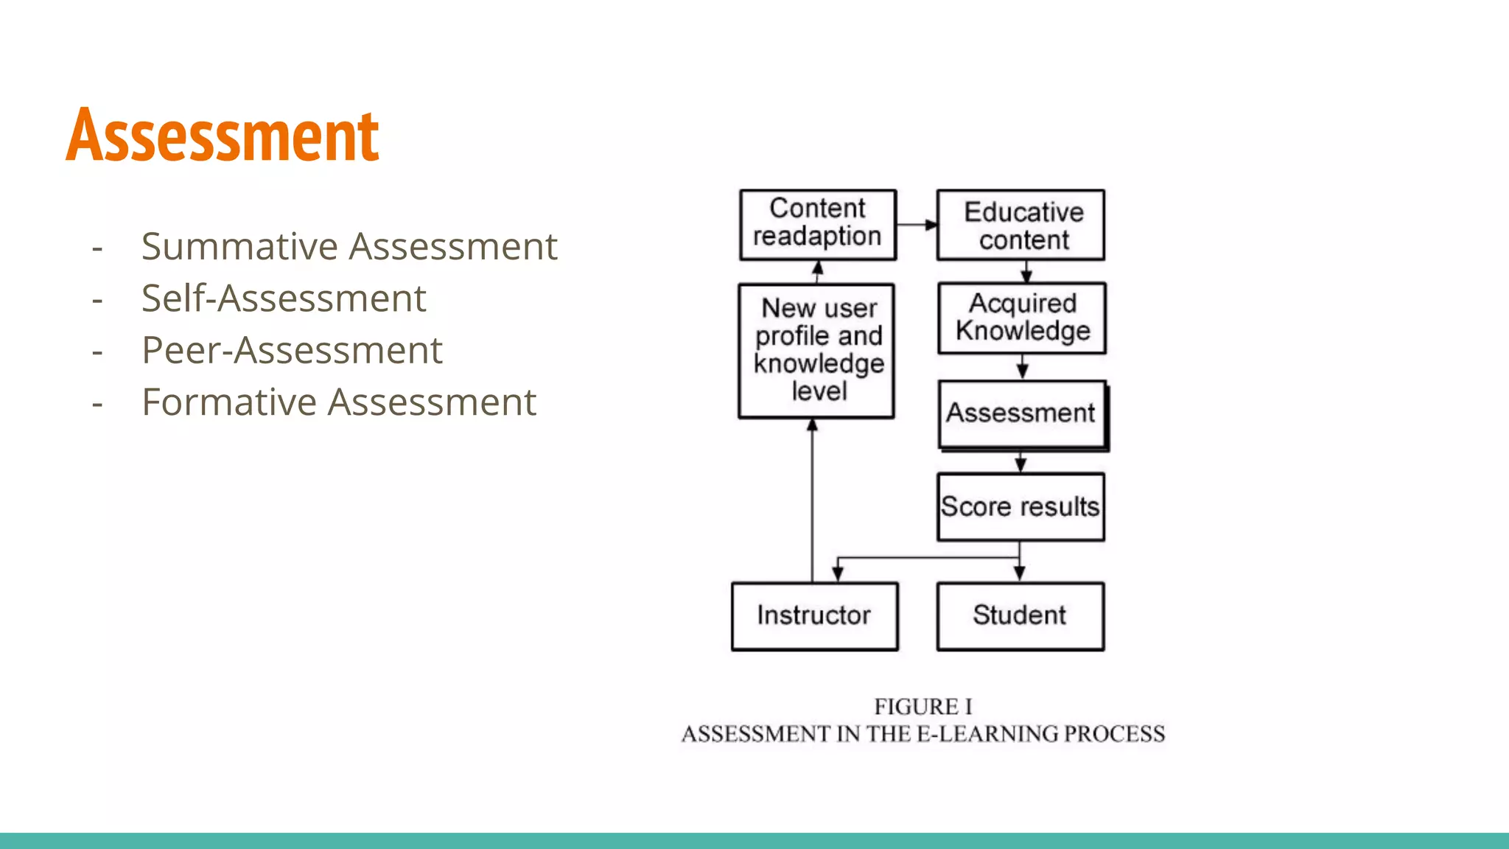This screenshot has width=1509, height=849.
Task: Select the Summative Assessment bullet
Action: pyautogui.click(x=349, y=246)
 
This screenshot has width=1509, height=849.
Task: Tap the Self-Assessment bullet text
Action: pyautogui.click(x=284, y=298)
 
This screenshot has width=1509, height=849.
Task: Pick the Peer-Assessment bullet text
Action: pyautogui.click(x=292, y=350)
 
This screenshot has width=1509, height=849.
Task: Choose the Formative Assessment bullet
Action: pyautogui.click(x=339, y=402)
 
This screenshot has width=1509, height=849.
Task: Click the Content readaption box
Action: pyautogui.click(x=818, y=225)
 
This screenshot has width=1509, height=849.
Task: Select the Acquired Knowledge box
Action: pyautogui.click(x=1022, y=318)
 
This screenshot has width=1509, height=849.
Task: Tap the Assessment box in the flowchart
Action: pyautogui.click(x=1022, y=413)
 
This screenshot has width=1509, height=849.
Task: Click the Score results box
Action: pyautogui.click(x=1020, y=507)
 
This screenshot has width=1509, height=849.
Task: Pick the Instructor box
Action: pyautogui.click(x=814, y=616)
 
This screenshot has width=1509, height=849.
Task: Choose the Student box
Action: pyautogui.click(x=1020, y=616)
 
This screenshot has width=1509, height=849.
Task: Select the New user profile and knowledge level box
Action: pyautogui.click(x=816, y=351)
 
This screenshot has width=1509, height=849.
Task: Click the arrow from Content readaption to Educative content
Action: pyautogui.click(x=917, y=225)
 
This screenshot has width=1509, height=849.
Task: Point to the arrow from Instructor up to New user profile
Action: pyautogui.click(x=812, y=501)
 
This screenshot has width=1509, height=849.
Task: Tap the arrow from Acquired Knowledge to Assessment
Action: pyautogui.click(x=1022, y=367)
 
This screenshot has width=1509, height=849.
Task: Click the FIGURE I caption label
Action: pyautogui.click(x=923, y=707)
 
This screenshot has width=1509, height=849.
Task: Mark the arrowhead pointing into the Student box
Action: pyautogui.click(x=1020, y=573)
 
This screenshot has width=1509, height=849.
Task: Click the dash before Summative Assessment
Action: pyautogui.click(x=97, y=248)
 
